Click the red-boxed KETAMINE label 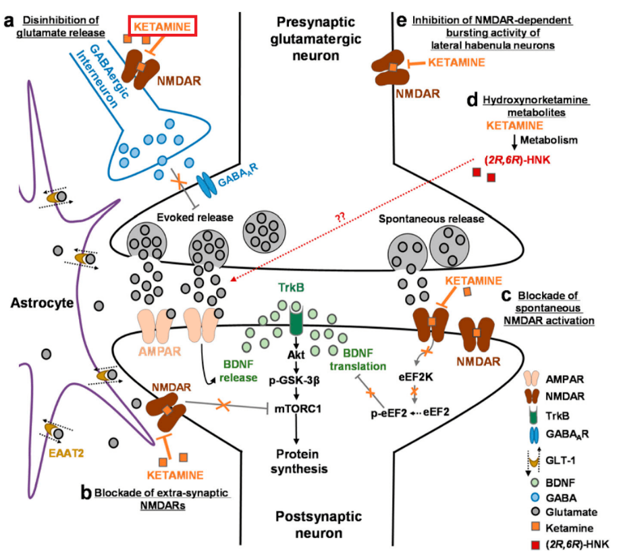(x=163, y=27)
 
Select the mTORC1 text (x=297, y=407)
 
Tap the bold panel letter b (x=86, y=492)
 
